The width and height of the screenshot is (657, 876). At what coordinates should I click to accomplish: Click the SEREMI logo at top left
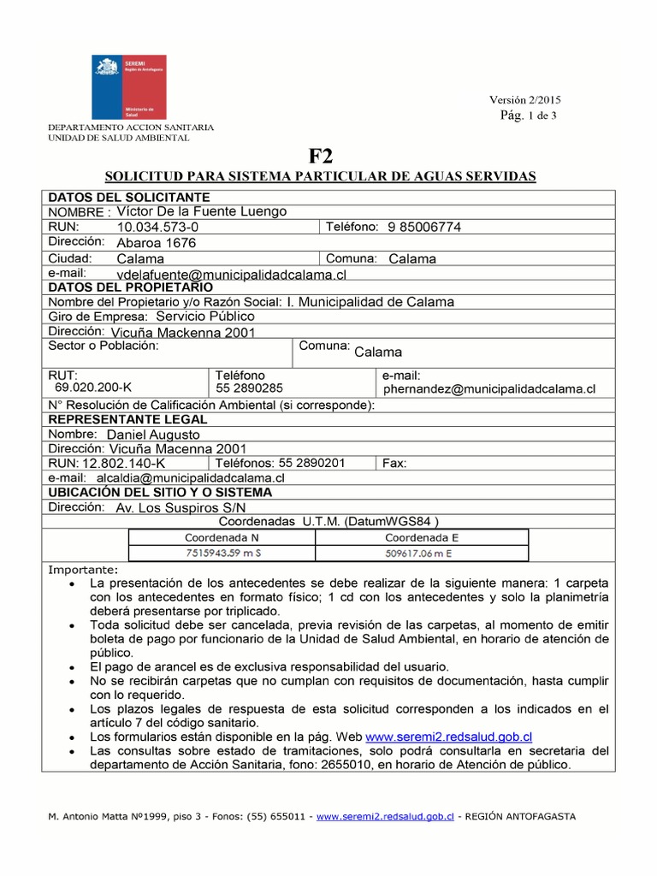[x=129, y=86]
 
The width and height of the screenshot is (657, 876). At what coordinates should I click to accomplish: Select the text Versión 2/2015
[x=524, y=100]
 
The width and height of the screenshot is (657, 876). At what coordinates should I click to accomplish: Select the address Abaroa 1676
[x=156, y=243]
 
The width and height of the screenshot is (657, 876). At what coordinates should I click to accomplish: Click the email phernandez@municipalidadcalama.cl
[x=489, y=389]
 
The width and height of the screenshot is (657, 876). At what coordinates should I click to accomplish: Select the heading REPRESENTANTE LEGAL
[x=127, y=420]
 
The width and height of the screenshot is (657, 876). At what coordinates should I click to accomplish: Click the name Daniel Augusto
[x=153, y=435]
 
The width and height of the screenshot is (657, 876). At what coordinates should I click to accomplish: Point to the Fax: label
[x=394, y=464]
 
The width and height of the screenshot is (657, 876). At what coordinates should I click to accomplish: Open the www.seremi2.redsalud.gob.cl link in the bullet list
[x=449, y=737]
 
